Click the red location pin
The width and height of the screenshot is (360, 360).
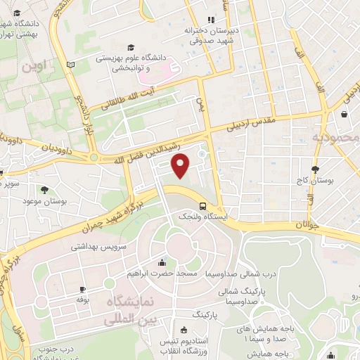(x=181, y=165)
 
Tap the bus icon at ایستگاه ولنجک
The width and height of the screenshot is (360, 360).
(x=202, y=206)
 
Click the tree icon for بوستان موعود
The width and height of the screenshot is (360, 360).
(x=45, y=190)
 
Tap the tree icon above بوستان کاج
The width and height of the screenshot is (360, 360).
(x=316, y=169)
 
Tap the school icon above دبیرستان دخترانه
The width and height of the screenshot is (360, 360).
(x=210, y=20)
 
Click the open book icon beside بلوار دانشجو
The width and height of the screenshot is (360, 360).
(x=70, y=65)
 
